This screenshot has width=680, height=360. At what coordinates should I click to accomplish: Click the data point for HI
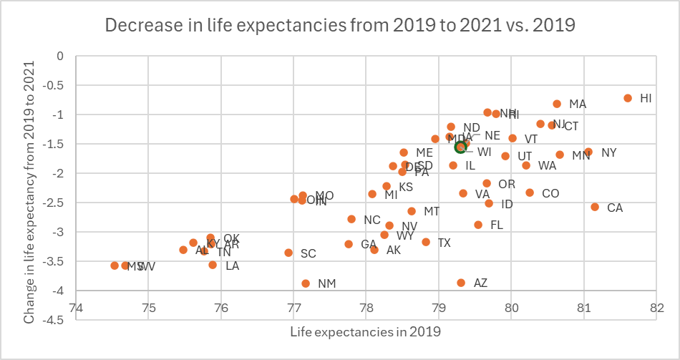pos(628,98)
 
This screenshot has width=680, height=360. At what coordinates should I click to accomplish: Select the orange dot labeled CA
pos(595,207)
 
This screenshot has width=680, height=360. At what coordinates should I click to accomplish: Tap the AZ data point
pos(461,283)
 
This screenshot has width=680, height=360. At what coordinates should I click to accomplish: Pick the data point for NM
pos(306,283)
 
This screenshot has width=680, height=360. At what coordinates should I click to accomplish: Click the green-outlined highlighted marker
pos(461,147)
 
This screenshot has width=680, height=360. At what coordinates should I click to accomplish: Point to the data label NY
pos(608,152)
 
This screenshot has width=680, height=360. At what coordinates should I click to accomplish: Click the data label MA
pos(578,104)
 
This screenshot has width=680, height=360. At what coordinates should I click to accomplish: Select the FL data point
pos(478,225)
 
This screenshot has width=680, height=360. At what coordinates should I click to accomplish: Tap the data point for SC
pos(288,253)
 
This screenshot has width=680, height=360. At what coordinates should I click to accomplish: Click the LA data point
pos(213,265)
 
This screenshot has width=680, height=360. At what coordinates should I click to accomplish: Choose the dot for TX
pos(426,242)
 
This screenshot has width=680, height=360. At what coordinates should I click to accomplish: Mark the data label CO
pos(550,193)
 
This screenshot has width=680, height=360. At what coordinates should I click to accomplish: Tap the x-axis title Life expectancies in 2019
pos(365,332)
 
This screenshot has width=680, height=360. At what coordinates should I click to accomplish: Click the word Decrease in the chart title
pos(140,25)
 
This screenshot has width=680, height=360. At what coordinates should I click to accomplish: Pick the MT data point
pos(412,211)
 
